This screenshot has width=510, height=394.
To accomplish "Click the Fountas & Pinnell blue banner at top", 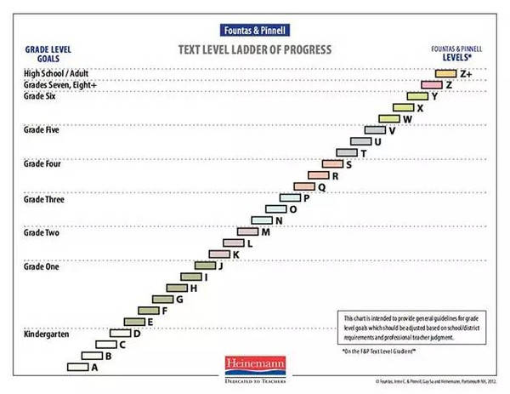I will tap(253, 27).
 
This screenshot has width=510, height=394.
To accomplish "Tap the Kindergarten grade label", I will tap(46, 334).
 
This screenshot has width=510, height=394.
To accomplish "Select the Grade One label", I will tap(41, 266).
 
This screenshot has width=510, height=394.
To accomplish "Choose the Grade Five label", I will tap(41, 130).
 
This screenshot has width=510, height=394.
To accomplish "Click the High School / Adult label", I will tap(56, 74).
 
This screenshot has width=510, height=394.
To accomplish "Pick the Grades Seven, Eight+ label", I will tap(60, 85).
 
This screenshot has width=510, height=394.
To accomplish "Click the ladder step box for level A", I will tap(77, 367).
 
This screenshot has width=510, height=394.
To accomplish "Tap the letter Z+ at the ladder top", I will tap(465, 74).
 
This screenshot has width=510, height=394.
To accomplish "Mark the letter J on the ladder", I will tap(221, 266).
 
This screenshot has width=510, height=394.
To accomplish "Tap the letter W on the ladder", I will tap(407, 119).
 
